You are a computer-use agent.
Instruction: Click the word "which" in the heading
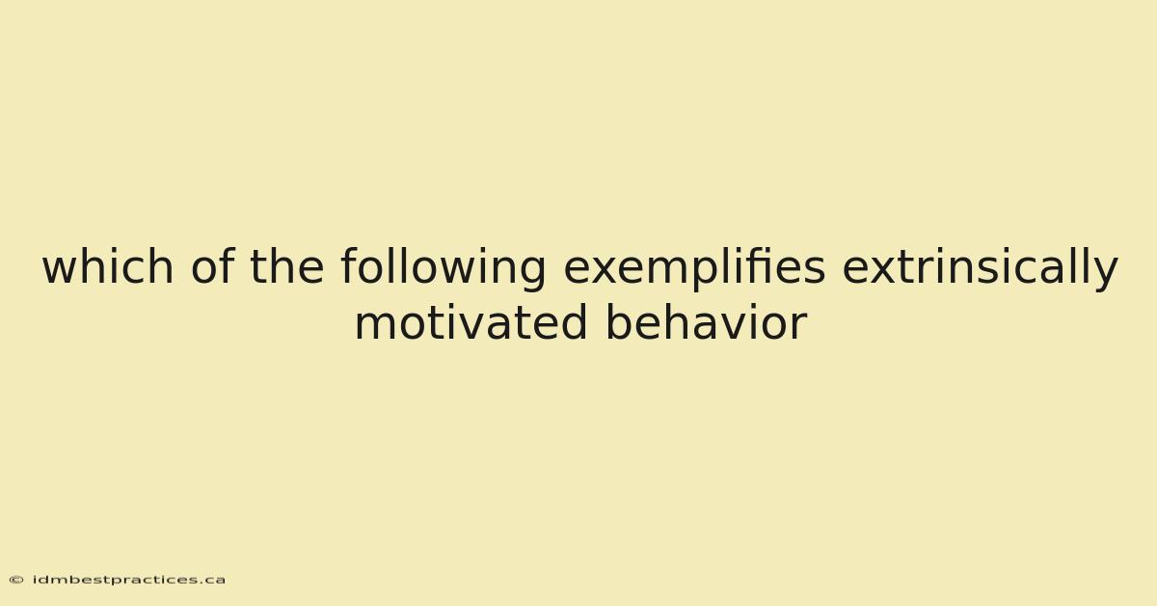pyautogui.click(x=108, y=265)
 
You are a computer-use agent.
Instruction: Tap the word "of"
pyautogui.click(x=213, y=265)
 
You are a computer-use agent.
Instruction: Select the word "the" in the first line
pyautogui.click(x=287, y=265)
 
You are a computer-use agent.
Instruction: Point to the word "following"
pyautogui.click(x=444, y=269)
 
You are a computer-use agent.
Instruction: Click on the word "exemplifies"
pyautogui.click(x=694, y=269)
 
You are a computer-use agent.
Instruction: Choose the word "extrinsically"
pyautogui.click(x=981, y=269)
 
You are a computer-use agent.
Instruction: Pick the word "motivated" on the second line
pyautogui.click(x=471, y=321)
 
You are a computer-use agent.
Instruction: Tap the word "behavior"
pyautogui.click(x=707, y=321)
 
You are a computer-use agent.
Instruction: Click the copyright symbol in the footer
pyautogui.click(x=16, y=580)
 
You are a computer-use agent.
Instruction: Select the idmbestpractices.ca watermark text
pyautogui.click(x=128, y=580)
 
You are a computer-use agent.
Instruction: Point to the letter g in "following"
pyautogui.click(x=531, y=274)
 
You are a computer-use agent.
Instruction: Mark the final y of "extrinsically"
pyautogui.click(x=1105, y=275)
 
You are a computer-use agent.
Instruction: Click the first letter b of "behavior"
pyautogui.click(x=620, y=321)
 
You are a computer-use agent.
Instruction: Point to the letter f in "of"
pyautogui.click(x=228, y=265)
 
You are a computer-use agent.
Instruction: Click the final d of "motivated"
pyautogui.click(x=574, y=321)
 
